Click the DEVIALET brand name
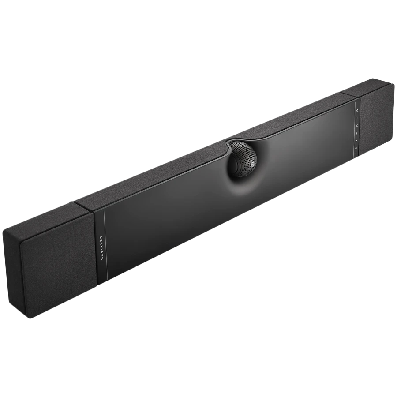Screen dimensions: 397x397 (102, 248)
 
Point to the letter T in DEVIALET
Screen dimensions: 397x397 (102, 237)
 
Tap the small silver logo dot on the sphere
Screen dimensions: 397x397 (253, 166)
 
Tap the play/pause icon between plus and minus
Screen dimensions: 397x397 (357, 126)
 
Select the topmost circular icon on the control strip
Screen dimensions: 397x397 (357, 110)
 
